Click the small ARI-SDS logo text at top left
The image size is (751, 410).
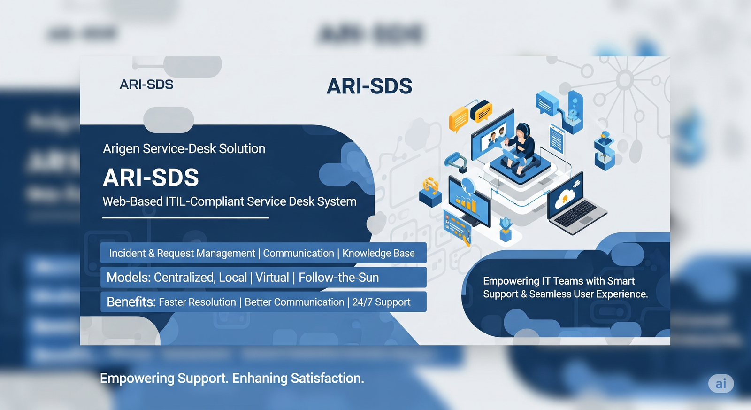coord(146,85)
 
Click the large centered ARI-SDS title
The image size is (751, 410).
coord(369,86)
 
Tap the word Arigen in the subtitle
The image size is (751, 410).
coord(121,149)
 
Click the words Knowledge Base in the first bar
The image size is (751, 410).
coord(378,253)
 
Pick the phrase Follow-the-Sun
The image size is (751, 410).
coord(338,278)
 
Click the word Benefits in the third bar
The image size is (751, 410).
coord(131,302)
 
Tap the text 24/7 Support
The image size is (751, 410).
coord(381,302)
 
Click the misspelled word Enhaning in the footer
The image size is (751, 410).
coord(260,378)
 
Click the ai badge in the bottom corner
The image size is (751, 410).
coord(720,384)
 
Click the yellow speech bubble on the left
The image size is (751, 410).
coord(458,118)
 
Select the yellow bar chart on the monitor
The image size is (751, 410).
coord(465,203)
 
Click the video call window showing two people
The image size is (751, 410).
coord(493,137)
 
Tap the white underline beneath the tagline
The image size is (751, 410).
coord(185,218)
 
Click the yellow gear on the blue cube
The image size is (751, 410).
coord(430,186)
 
